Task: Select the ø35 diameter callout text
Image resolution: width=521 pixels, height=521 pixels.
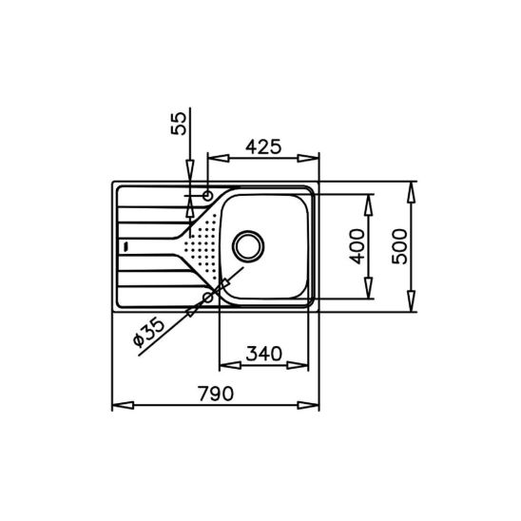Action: (x=148, y=328)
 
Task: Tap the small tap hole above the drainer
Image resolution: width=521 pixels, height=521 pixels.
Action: (x=208, y=194)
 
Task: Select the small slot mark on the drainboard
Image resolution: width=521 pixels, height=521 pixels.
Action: (x=122, y=245)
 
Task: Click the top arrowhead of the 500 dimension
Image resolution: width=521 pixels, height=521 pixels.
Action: (x=411, y=186)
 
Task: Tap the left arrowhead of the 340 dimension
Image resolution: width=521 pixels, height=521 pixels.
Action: (x=225, y=366)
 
